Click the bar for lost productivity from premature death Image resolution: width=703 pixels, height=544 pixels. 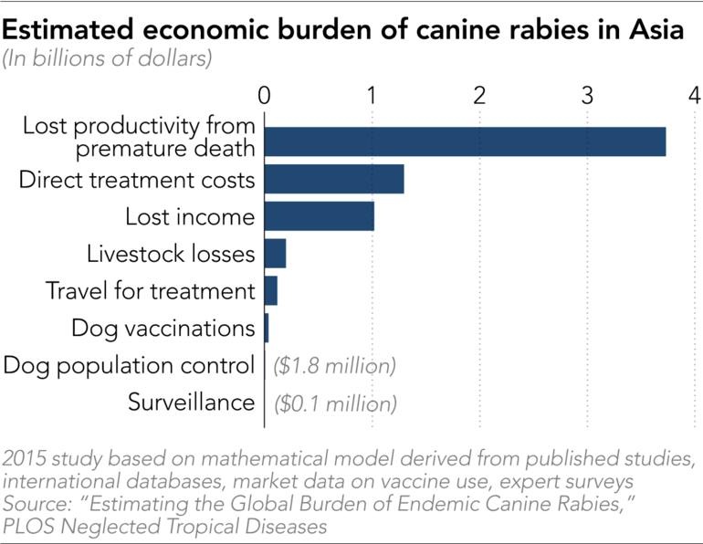[x=465, y=142]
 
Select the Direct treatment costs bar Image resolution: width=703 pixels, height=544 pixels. [x=334, y=180]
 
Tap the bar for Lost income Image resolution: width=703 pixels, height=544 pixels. [x=320, y=217]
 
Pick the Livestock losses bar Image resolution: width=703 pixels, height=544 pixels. [x=275, y=253]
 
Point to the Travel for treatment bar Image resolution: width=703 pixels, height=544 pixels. [x=270, y=291]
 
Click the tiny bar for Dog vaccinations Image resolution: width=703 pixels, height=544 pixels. [x=267, y=327]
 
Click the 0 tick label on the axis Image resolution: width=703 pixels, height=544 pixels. [x=265, y=95]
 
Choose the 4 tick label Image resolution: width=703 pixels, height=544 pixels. [x=695, y=95]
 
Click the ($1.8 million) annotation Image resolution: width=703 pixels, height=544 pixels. [x=335, y=366]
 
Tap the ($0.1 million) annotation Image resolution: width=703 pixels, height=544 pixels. [x=335, y=403]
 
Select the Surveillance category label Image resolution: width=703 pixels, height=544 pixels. [x=191, y=403]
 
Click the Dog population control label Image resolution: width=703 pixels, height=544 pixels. [x=129, y=366]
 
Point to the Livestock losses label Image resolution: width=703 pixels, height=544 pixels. [x=171, y=254]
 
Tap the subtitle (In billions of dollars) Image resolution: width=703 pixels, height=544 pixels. [x=108, y=60]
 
